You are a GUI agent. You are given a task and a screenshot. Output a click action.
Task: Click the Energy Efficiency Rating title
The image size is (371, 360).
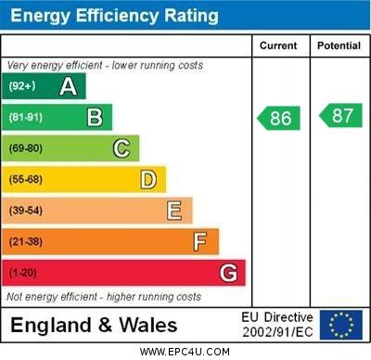click(x=113, y=16)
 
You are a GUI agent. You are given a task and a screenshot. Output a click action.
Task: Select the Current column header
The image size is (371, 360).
click(x=278, y=45)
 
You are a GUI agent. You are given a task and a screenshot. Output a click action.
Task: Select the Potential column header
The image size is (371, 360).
click(x=339, y=45)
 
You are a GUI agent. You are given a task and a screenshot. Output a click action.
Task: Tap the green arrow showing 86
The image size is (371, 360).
click(x=279, y=118)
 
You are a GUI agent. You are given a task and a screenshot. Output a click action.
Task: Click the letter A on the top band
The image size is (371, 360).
click(x=68, y=87)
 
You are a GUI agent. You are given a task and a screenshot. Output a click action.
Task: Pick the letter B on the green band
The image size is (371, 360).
click(x=95, y=118)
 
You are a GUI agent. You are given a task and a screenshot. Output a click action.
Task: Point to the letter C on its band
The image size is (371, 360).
click(x=121, y=148)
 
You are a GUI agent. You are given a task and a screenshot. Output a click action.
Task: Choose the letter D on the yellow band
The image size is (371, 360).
click(x=148, y=179)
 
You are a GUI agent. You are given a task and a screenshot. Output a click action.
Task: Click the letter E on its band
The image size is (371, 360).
click(x=174, y=211)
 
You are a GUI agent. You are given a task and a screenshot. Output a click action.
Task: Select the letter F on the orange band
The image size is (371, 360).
click(x=199, y=241)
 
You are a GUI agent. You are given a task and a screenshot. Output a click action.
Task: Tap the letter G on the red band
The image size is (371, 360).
click(x=228, y=273)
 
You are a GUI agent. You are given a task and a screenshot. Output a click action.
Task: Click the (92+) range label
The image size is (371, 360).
click(x=22, y=87)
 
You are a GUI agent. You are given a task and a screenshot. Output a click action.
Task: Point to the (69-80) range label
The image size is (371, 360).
click(x=26, y=148)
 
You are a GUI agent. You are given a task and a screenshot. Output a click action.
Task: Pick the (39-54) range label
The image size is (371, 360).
click(x=26, y=211)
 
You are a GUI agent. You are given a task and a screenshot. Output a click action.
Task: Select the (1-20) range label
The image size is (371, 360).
click(x=23, y=273)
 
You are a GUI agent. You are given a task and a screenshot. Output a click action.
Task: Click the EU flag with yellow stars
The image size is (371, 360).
click(x=341, y=325)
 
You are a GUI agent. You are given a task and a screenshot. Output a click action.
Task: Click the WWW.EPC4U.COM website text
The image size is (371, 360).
click(x=185, y=352)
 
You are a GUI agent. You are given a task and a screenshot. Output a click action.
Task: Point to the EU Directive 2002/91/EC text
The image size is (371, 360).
click(x=277, y=325)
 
